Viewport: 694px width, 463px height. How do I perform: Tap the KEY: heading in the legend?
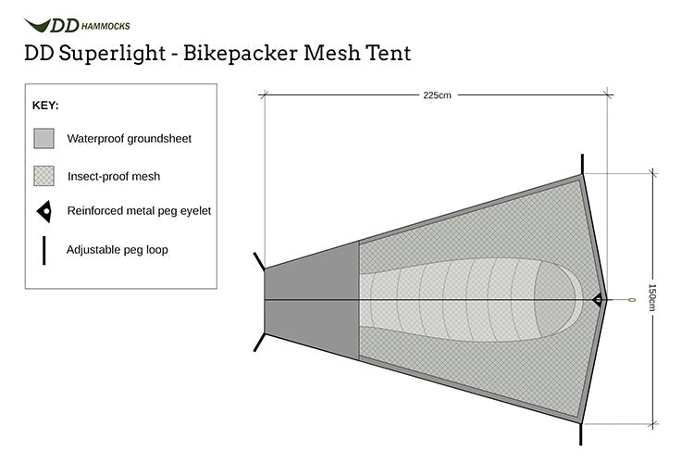45,106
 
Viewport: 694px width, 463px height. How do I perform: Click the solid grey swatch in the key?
44,139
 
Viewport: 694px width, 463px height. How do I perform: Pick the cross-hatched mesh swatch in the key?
44,175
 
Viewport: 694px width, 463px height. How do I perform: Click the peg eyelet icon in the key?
43,211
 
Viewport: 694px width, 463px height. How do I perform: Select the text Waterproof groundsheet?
129,139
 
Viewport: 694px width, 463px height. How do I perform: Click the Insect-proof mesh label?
114,175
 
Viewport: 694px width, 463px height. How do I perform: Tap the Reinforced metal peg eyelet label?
139,211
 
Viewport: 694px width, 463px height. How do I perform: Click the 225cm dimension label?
437,94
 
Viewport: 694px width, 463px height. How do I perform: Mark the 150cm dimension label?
652,299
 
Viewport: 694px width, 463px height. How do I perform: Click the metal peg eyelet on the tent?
596,300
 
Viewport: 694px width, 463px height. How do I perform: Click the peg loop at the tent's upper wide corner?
582,164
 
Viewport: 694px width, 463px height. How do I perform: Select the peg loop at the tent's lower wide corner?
582,433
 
